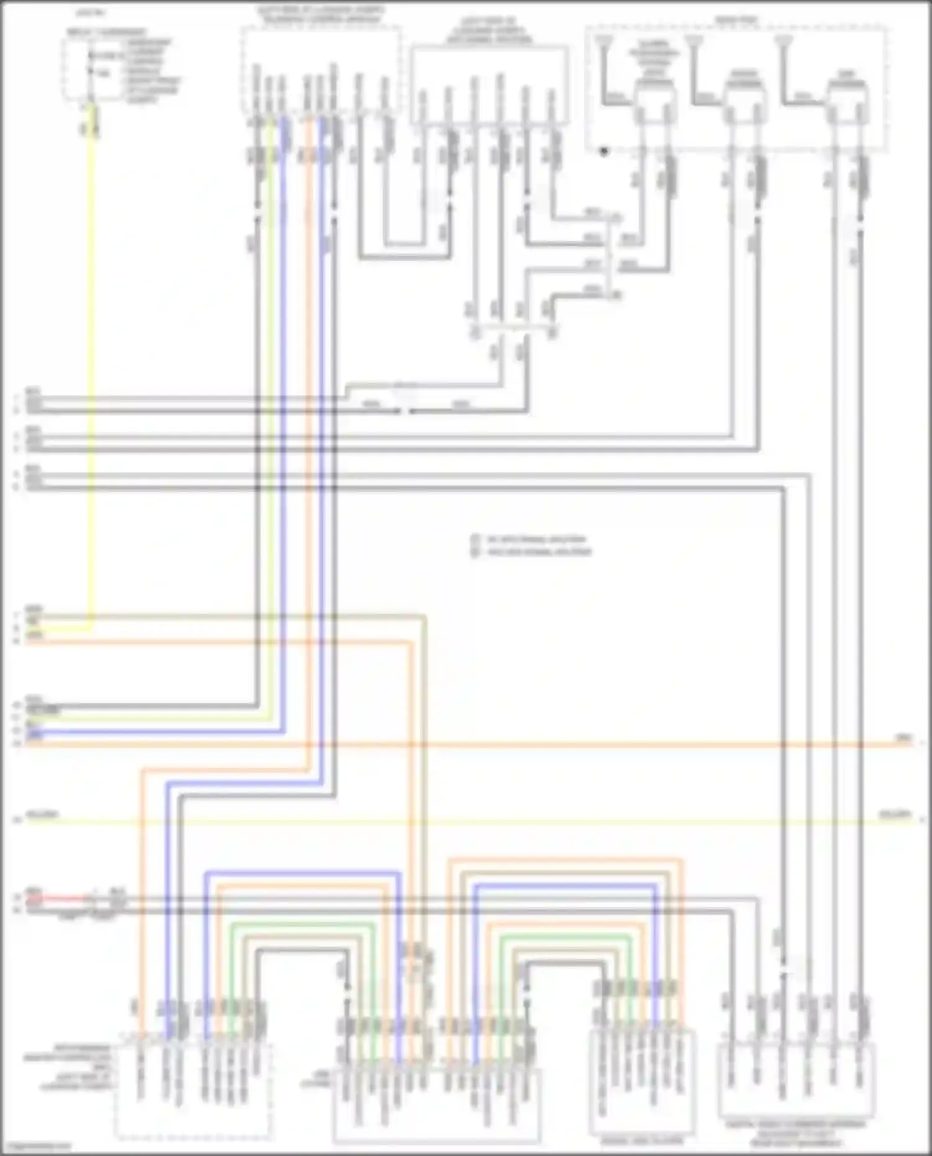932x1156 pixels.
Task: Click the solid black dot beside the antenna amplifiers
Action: pyautogui.click(x=603, y=151)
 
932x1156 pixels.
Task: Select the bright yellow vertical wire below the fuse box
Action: pyautogui.click(x=93, y=373)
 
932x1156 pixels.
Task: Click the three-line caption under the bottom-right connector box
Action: pyautogui.click(x=796, y=1134)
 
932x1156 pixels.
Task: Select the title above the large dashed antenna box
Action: pyautogui.click(x=736, y=20)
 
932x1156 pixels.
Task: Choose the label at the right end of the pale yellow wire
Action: pyautogui.click(x=895, y=814)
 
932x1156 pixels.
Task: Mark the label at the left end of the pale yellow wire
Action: pyautogui.click(x=42, y=814)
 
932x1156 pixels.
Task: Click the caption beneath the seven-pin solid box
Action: pyautogui.click(x=641, y=1140)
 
